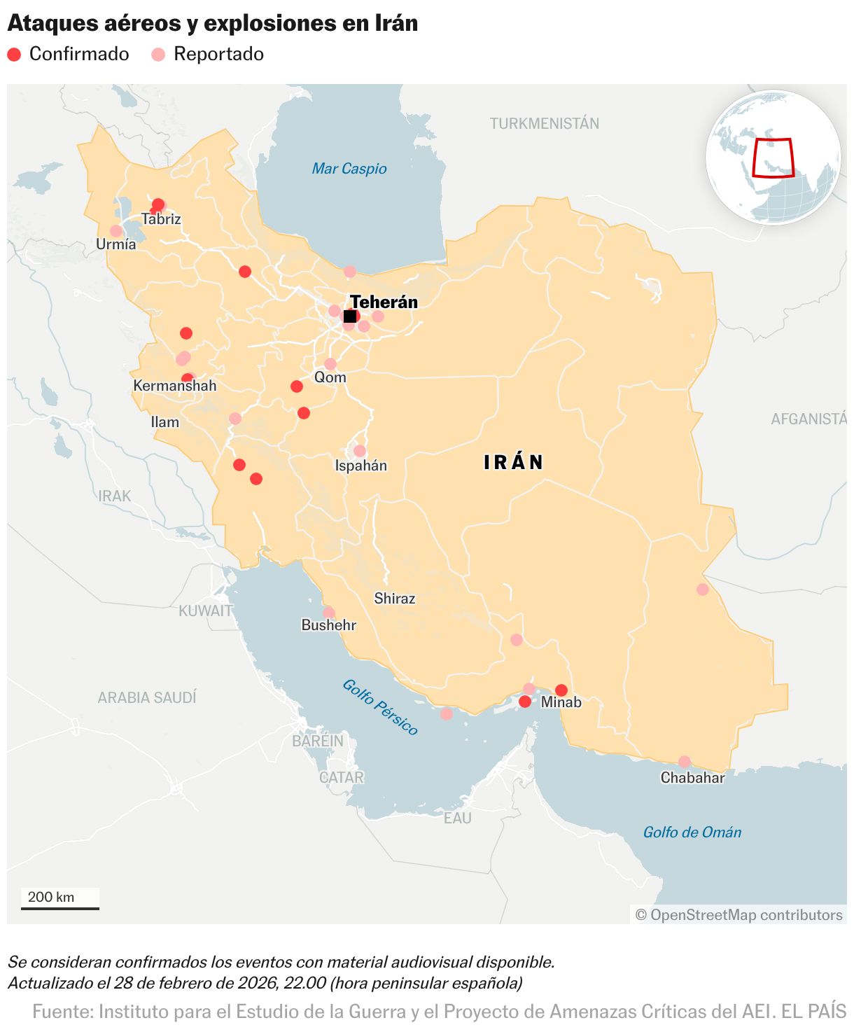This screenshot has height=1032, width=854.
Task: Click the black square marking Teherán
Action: (x=350, y=316)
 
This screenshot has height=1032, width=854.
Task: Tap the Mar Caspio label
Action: (x=349, y=169)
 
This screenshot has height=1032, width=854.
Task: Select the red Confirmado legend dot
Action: (x=14, y=55)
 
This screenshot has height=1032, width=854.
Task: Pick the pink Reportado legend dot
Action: (x=158, y=55)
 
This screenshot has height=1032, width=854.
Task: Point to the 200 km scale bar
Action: (x=59, y=907)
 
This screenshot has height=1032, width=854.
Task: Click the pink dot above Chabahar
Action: (x=685, y=762)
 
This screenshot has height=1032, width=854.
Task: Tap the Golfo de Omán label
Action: (x=692, y=832)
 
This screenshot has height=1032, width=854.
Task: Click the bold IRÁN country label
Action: (x=514, y=462)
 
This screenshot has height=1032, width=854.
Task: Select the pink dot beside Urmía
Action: (x=116, y=231)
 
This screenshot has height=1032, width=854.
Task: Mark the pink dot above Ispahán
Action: (x=360, y=451)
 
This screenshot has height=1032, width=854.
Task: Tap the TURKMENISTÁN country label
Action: (x=544, y=124)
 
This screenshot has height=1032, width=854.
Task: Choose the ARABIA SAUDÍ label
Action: (x=147, y=698)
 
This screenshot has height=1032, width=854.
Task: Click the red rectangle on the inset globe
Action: (x=773, y=158)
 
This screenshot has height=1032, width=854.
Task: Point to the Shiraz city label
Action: (x=394, y=599)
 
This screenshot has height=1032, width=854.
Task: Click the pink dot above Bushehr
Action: (x=329, y=613)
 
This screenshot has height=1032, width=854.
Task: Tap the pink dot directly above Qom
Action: (x=330, y=364)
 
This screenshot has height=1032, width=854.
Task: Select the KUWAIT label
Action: (x=205, y=611)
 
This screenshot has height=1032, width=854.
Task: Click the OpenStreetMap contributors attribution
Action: (x=739, y=915)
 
